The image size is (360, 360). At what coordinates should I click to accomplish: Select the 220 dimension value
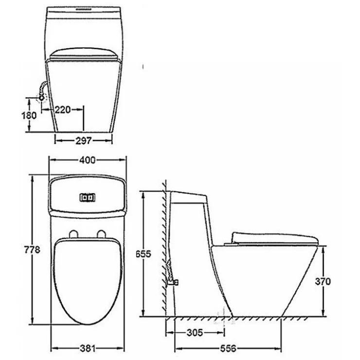tap(62, 109)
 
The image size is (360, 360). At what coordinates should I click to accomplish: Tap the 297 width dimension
tap(83, 141)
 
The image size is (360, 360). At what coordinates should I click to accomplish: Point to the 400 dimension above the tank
tap(88, 160)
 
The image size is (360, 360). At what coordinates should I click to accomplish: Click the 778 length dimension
tap(31, 250)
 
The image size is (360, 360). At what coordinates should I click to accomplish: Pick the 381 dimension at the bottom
tap(88, 348)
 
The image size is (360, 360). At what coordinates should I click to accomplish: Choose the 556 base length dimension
tap(228, 348)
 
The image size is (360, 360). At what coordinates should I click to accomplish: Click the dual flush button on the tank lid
tap(88, 198)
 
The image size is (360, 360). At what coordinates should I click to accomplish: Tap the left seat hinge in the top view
tap(73, 234)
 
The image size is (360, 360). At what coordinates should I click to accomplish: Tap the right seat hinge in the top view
tap(102, 234)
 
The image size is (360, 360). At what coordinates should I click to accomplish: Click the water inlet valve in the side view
tap(172, 280)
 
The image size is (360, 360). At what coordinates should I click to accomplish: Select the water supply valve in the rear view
tap(42, 96)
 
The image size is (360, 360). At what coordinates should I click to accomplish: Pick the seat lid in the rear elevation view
tap(83, 54)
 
